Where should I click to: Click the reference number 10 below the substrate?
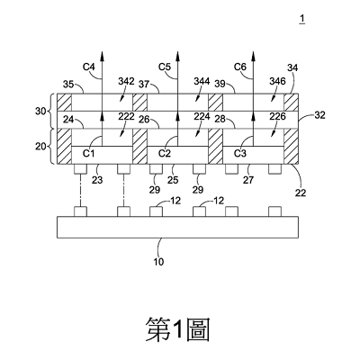tap(158, 262)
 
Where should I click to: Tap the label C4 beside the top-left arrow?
tap(89, 67)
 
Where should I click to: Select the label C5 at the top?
tap(165, 67)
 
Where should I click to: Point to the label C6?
tap(240, 67)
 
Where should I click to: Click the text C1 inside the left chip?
tap(89, 153)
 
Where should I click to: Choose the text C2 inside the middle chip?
tap(165, 153)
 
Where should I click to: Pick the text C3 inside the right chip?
tap(240, 153)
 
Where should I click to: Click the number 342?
tap(126, 81)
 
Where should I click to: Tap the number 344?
tap(202, 81)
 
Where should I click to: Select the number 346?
tap(277, 81)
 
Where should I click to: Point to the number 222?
tap(126, 116)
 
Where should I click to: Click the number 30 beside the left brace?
tap(40, 112)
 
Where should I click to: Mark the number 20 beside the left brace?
tap(40, 147)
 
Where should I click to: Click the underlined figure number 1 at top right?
tap(302, 19)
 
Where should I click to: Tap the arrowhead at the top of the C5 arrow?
tap(178, 56)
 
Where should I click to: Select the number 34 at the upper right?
tap(292, 68)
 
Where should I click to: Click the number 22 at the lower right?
tap(301, 193)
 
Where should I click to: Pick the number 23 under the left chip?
tap(97, 180)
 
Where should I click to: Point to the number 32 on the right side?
tap(319, 115)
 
